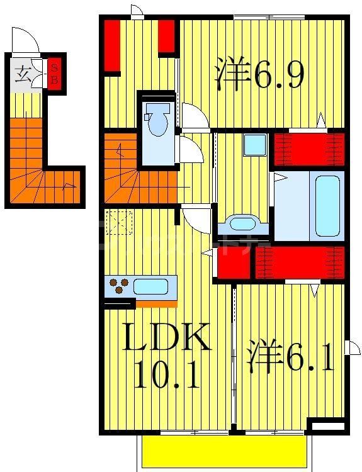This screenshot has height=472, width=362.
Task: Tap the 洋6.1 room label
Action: click(290, 356)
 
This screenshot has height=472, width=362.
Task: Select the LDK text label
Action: click(166, 339)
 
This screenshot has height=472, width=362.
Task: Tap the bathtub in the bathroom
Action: click(327, 205)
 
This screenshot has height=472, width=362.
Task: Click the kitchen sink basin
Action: click(150, 287)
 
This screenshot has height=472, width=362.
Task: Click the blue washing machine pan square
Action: click(255, 145)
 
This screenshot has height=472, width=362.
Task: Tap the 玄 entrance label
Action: click(23, 72)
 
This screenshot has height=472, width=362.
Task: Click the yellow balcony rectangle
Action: click(223, 452)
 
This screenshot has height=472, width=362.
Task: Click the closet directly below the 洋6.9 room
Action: click(308, 149)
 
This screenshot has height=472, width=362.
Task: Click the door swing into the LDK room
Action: click(196, 220)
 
